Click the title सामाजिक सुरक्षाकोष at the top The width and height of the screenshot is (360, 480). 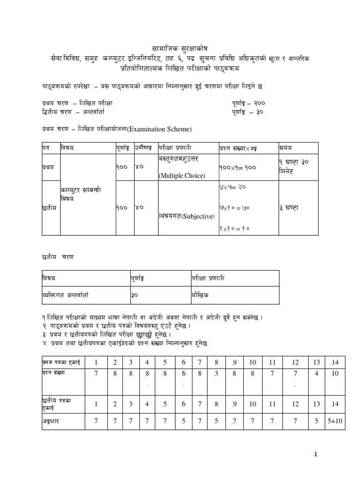point(180,48)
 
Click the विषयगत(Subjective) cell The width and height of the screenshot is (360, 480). point(187,216)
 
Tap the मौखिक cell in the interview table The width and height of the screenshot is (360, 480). point(201,296)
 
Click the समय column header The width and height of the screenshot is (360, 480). point(285,148)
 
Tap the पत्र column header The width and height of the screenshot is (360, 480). point(46,148)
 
